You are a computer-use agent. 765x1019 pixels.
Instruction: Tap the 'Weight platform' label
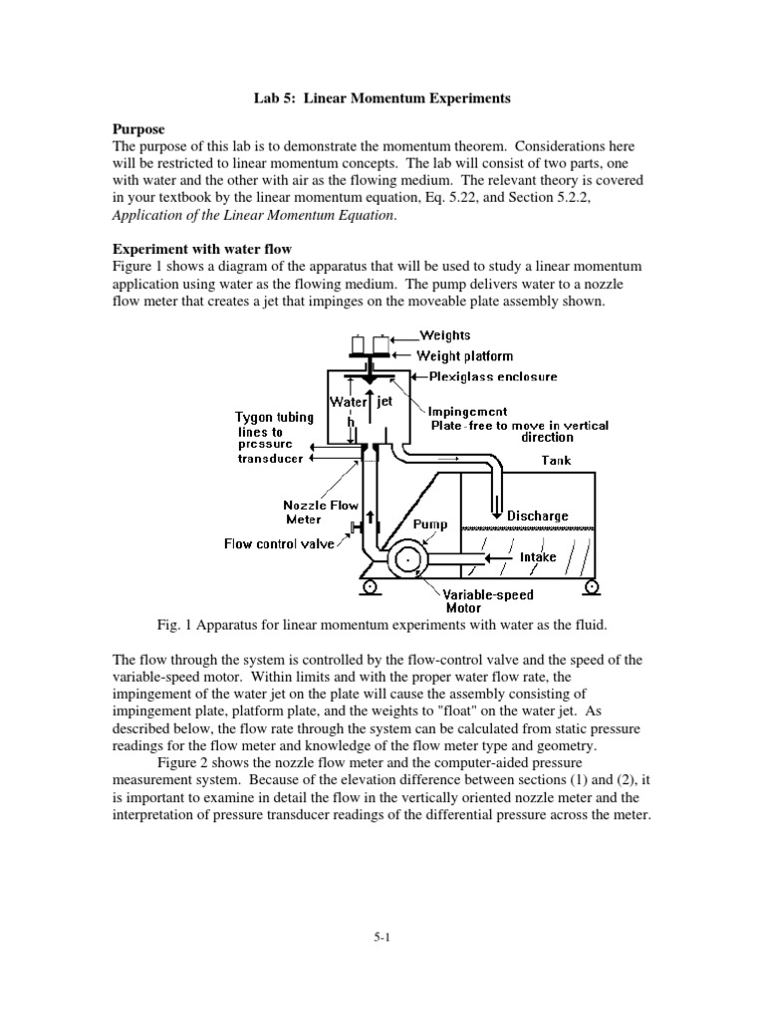pyautogui.click(x=464, y=355)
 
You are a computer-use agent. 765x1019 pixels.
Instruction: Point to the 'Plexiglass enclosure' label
pyautogui.click(x=493, y=377)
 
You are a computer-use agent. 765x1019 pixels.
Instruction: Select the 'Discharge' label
pyautogui.click(x=538, y=515)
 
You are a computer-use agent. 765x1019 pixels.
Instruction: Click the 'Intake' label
pyautogui.click(x=538, y=557)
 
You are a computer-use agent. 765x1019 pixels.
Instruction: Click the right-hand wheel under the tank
pyautogui.click(x=593, y=586)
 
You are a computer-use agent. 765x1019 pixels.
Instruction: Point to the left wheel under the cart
pyautogui.click(x=369, y=586)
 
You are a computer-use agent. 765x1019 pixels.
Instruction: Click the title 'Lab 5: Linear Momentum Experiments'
pyautogui.click(x=381, y=99)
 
